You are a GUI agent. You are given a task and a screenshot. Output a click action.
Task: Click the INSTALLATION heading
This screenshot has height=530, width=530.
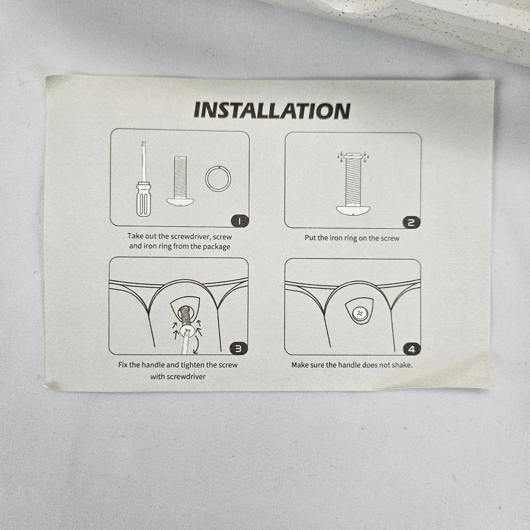(x=272, y=111)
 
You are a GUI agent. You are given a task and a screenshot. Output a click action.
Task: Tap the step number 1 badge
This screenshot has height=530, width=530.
(x=240, y=222)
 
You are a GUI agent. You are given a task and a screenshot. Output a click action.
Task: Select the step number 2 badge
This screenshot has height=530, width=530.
(x=411, y=223)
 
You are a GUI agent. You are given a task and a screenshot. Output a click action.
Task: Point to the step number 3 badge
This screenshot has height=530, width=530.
(x=238, y=349)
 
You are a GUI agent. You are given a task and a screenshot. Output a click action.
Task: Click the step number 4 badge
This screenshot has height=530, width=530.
(x=411, y=349)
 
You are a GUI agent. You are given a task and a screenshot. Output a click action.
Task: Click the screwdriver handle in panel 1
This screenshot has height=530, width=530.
(x=144, y=199)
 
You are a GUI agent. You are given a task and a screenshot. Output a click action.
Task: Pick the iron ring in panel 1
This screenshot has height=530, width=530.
(x=218, y=178)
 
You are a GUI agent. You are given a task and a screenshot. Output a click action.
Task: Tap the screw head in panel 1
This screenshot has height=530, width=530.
(x=180, y=202)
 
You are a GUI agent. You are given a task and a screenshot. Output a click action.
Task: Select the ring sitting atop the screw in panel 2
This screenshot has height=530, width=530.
(x=353, y=156)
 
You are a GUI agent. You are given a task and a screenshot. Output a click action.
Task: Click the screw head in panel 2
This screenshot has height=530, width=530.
(x=353, y=210)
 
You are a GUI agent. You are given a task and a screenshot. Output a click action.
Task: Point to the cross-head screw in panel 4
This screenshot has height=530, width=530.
(x=359, y=314)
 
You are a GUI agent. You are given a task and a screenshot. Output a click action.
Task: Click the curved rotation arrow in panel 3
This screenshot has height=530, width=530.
(x=197, y=345)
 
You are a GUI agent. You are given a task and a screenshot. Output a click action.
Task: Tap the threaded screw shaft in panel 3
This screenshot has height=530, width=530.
(x=185, y=315)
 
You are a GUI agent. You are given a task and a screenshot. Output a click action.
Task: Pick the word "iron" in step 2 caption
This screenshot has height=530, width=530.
(x=336, y=237)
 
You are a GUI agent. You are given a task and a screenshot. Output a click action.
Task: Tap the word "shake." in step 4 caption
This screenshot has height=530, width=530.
(x=402, y=365)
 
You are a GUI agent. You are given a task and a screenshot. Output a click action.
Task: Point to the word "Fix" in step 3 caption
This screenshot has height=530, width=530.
(x=123, y=365)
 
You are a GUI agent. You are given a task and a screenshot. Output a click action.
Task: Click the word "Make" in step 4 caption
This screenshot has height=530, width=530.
(x=299, y=365)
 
